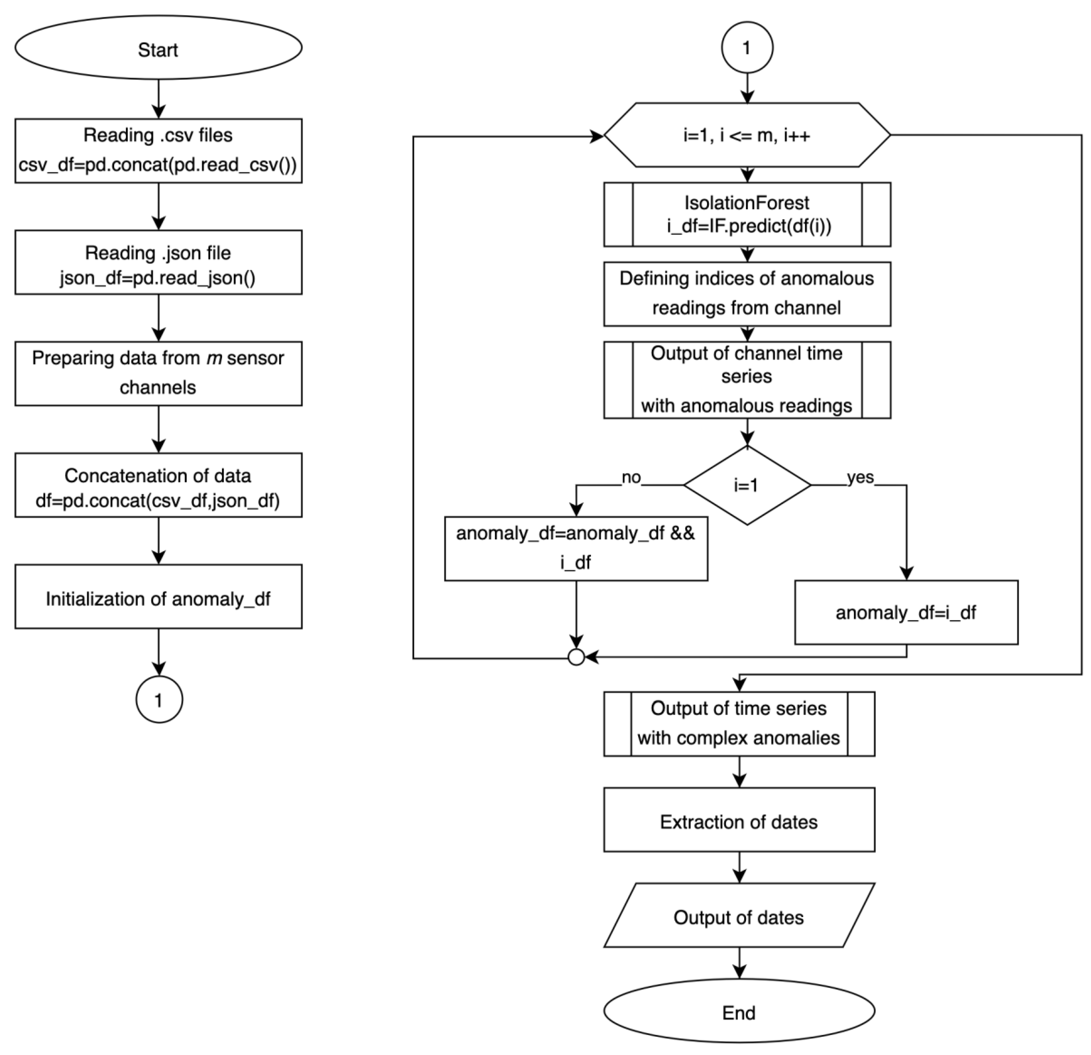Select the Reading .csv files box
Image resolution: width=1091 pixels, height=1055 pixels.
[158, 150]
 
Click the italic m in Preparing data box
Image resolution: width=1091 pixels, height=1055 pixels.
[214, 358]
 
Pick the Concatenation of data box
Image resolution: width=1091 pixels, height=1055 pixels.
[158, 485]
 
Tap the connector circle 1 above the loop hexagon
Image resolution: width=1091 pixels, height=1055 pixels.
[747, 48]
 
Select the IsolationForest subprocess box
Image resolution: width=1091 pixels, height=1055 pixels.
[747, 214]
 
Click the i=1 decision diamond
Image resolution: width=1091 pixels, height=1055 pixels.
[747, 485]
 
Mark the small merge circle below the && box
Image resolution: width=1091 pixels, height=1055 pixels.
[576, 658]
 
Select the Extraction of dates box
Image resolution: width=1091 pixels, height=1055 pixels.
[739, 822]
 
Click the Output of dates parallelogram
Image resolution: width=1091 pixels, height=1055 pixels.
[739, 917]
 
